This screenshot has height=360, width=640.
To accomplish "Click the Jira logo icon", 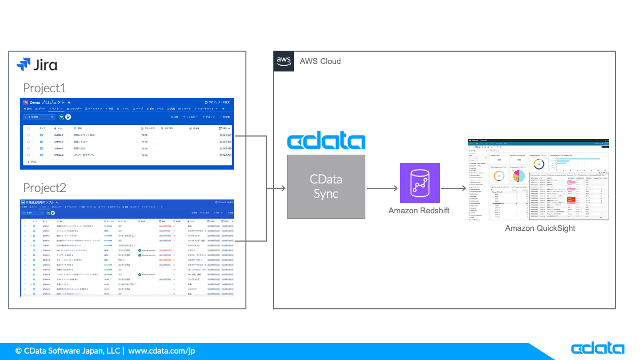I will [x=23, y=65].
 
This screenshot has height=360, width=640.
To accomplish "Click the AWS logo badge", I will [x=284, y=61].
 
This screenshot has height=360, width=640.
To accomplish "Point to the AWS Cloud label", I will [x=320, y=61].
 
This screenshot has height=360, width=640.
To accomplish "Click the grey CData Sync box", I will [x=326, y=186].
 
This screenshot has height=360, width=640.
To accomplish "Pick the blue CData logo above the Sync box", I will [x=326, y=141].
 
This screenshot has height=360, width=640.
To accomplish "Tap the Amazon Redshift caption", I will [x=419, y=211].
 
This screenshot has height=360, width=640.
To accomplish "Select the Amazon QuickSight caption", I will [x=540, y=228].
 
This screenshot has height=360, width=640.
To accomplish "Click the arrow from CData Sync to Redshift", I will [x=382, y=188].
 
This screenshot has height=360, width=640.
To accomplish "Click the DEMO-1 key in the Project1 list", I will [x=58, y=135].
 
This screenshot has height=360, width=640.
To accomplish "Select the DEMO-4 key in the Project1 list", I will [x=58, y=155].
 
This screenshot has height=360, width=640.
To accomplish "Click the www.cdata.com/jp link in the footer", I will [x=162, y=351].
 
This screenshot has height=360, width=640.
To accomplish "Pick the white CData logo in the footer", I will [x=597, y=349].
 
